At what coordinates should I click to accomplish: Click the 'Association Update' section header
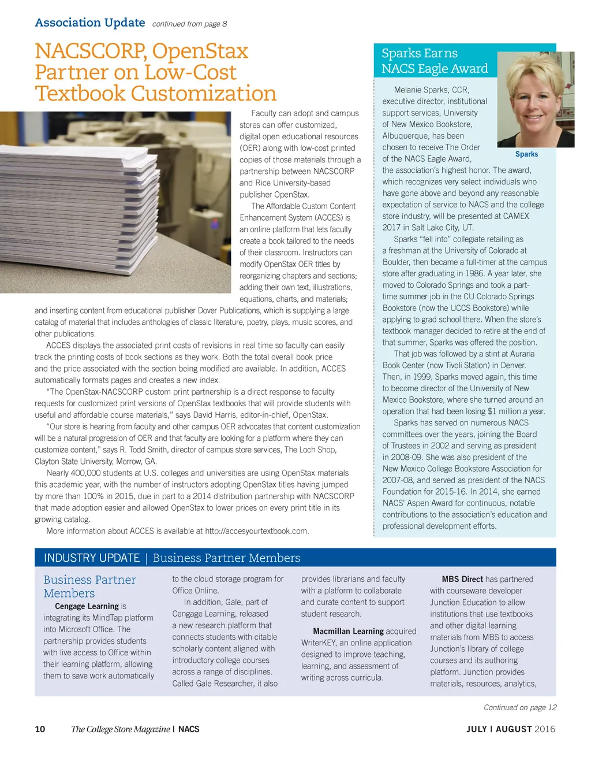point(89,23)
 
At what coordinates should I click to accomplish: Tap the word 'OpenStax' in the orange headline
point(200,51)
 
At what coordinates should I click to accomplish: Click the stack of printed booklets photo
point(118,202)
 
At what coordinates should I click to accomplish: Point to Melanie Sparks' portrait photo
point(535,99)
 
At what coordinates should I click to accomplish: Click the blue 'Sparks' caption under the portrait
point(526,154)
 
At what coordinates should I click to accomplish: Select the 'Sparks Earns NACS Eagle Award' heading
point(435,61)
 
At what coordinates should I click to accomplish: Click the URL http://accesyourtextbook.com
point(256,531)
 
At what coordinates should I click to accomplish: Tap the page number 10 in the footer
point(40,729)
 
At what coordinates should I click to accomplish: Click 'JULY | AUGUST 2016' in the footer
point(511,729)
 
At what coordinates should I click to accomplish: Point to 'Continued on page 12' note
point(520,707)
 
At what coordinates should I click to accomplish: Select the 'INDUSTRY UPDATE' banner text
point(92,558)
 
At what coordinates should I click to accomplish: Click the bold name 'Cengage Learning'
point(87,606)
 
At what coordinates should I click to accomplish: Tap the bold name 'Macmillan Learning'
point(348,631)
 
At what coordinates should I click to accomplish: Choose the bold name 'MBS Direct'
point(462,579)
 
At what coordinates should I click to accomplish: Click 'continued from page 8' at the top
point(189,24)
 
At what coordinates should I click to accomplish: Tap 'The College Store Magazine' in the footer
point(120,729)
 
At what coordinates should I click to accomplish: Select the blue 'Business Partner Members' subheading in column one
point(89,586)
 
